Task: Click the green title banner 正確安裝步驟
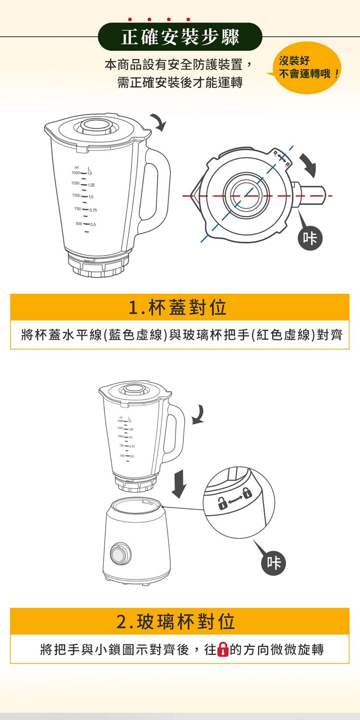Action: click(x=180, y=36)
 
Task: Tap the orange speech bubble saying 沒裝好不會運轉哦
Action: click(x=304, y=68)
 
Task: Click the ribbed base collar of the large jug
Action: click(x=98, y=264)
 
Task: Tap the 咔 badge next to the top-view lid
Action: click(x=310, y=239)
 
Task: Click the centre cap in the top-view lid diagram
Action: click(x=246, y=195)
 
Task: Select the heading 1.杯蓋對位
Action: click(x=178, y=307)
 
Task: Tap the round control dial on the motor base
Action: click(x=120, y=553)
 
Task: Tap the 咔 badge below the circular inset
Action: click(x=274, y=563)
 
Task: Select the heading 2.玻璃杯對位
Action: click(x=176, y=622)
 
